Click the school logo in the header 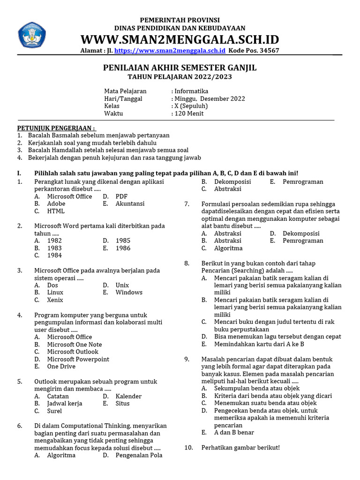click(x=32, y=34)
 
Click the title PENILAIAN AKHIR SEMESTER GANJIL click(x=180, y=68)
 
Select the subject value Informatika click(x=191, y=91)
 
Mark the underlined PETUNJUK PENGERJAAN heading click(x=56, y=128)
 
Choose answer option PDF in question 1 click(x=121, y=196)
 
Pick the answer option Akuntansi click(x=130, y=203)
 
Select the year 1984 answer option click(x=54, y=255)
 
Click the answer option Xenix click(x=55, y=300)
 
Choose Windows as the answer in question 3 click(x=129, y=292)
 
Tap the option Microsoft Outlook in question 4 click(x=73, y=352)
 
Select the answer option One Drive click(x=61, y=367)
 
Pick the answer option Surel click(x=54, y=411)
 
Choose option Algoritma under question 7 click(x=228, y=248)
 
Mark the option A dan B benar click(x=234, y=433)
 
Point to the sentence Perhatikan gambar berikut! click(x=240, y=448)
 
